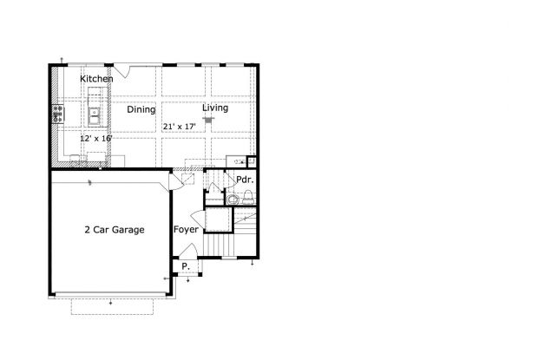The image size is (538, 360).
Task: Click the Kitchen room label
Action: (x=96, y=79)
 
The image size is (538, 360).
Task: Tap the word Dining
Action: (x=141, y=109)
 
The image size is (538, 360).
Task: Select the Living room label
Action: (x=215, y=108)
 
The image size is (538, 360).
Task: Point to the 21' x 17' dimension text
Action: (x=179, y=126)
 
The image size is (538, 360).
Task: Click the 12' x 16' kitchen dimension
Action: (x=96, y=138)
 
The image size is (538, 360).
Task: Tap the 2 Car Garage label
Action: (x=115, y=229)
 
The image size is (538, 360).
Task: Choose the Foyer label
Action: (x=186, y=229)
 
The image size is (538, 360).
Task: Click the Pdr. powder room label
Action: (x=245, y=180)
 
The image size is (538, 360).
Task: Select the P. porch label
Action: (x=186, y=265)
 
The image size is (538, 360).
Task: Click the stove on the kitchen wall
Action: (x=58, y=115)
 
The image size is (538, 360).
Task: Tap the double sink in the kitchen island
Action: (x=94, y=116)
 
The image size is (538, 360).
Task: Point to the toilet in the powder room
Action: (x=248, y=197)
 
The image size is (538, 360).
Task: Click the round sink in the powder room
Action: (x=233, y=200)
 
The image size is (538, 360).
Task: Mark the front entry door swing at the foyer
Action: (x=188, y=250)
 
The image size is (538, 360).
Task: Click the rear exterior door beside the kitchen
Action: (x=122, y=70)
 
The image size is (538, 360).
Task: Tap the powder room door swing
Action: (x=229, y=180)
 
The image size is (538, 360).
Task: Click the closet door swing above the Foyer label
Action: (x=198, y=219)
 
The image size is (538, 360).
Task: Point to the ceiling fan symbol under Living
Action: (x=208, y=120)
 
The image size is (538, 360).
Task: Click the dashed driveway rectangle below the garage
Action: (x=112, y=306)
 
